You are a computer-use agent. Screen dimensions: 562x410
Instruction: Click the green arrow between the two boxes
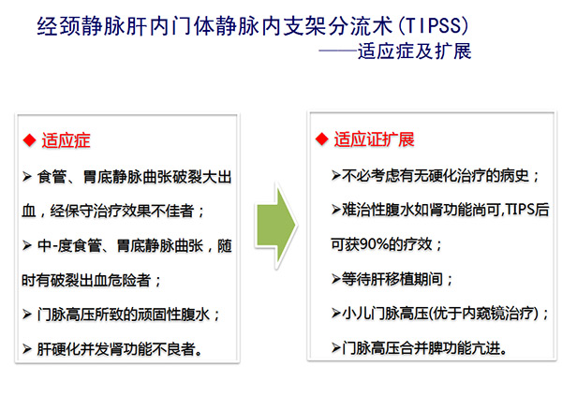[275, 226]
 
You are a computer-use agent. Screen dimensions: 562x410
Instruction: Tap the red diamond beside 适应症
[29, 140]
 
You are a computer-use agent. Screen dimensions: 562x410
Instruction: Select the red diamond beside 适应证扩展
[322, 139]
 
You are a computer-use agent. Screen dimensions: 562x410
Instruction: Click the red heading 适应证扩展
[374, 139]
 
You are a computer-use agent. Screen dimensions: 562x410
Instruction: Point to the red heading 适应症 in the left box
[66, 140]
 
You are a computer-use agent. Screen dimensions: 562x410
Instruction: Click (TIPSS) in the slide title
[433, 26]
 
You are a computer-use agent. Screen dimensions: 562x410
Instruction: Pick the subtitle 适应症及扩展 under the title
[414, 51]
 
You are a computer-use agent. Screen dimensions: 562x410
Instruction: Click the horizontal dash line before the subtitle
[338, 51]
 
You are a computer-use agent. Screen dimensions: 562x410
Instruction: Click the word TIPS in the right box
[520, 209]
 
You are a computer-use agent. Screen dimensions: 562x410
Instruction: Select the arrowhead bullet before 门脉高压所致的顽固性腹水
[27, 315]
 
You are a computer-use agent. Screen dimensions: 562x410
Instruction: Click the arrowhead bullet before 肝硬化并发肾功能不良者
[27, 349]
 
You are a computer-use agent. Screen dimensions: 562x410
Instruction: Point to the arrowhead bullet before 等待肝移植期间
[336, 279]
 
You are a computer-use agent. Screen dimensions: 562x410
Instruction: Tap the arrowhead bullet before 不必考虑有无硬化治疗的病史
[336, 175]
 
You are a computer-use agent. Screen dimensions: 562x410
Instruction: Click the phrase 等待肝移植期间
[392, 279]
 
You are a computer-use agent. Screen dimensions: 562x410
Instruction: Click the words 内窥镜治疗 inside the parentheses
[497, 314]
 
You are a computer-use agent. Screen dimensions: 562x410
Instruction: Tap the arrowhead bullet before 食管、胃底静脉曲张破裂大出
[27, 177]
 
